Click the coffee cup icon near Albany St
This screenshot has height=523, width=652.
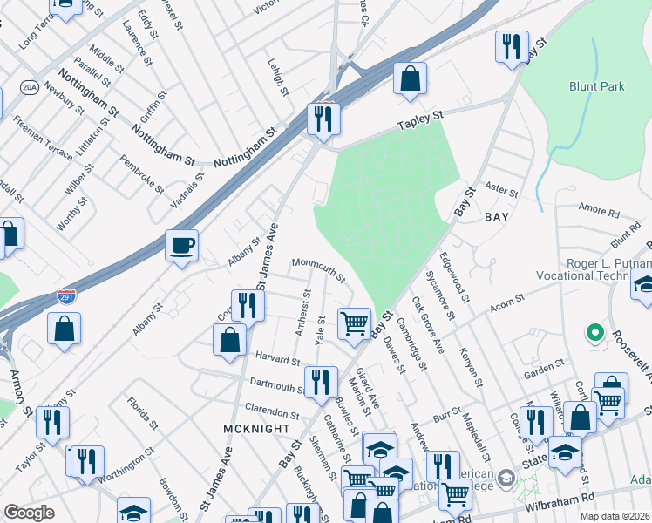181,245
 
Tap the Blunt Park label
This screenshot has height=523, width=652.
598,86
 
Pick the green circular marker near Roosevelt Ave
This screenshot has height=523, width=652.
595,332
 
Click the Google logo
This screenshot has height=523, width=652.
29,513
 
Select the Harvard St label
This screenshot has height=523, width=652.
278,358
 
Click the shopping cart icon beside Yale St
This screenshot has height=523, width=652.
355,323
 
